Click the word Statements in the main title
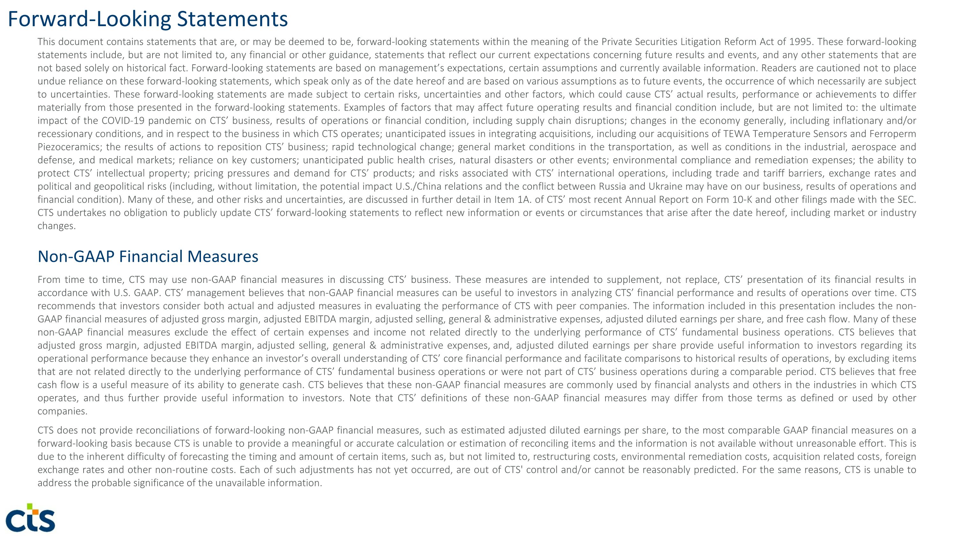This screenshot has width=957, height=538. click(232, 19)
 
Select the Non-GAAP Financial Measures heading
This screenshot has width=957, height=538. click(148, 256)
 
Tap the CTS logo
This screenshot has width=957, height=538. click(30, 518)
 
